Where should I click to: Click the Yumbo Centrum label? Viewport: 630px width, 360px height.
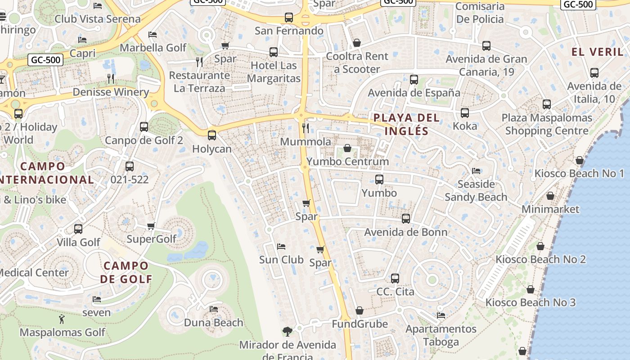coord(347,162)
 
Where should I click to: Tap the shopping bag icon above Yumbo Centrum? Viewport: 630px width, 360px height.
coord(347,148)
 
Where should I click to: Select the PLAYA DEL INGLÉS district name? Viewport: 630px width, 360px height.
coord(406,124)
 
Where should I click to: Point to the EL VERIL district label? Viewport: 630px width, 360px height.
coord(598,52)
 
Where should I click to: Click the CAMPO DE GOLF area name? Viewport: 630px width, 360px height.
coord(126,272)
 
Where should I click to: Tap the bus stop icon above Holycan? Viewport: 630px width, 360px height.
coord(211,135)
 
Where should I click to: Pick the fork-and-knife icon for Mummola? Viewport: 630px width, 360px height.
coord(306,128)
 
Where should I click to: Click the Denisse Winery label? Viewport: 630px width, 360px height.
coord(111,92)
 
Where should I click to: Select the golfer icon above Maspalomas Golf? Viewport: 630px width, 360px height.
coord(62,319)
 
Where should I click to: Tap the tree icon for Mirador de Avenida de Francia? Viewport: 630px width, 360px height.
coord(287,332)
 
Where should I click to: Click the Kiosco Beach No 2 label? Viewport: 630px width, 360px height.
coord(540,260)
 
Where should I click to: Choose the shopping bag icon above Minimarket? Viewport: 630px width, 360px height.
coord(550,196)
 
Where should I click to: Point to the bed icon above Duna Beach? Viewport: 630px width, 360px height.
coord(214,309)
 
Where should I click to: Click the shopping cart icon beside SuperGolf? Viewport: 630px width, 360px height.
coord(151,226)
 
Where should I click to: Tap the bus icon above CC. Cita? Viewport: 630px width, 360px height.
coord(395,279)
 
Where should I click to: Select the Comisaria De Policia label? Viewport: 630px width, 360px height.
coord(480,13)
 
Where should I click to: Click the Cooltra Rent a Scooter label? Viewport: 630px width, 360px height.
coord(357,63)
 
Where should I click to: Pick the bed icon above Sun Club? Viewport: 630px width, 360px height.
coord(281,247)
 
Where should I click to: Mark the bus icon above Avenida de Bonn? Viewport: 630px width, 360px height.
coord(406,219)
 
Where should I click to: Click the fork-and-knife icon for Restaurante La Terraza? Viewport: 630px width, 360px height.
coord(199,62)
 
